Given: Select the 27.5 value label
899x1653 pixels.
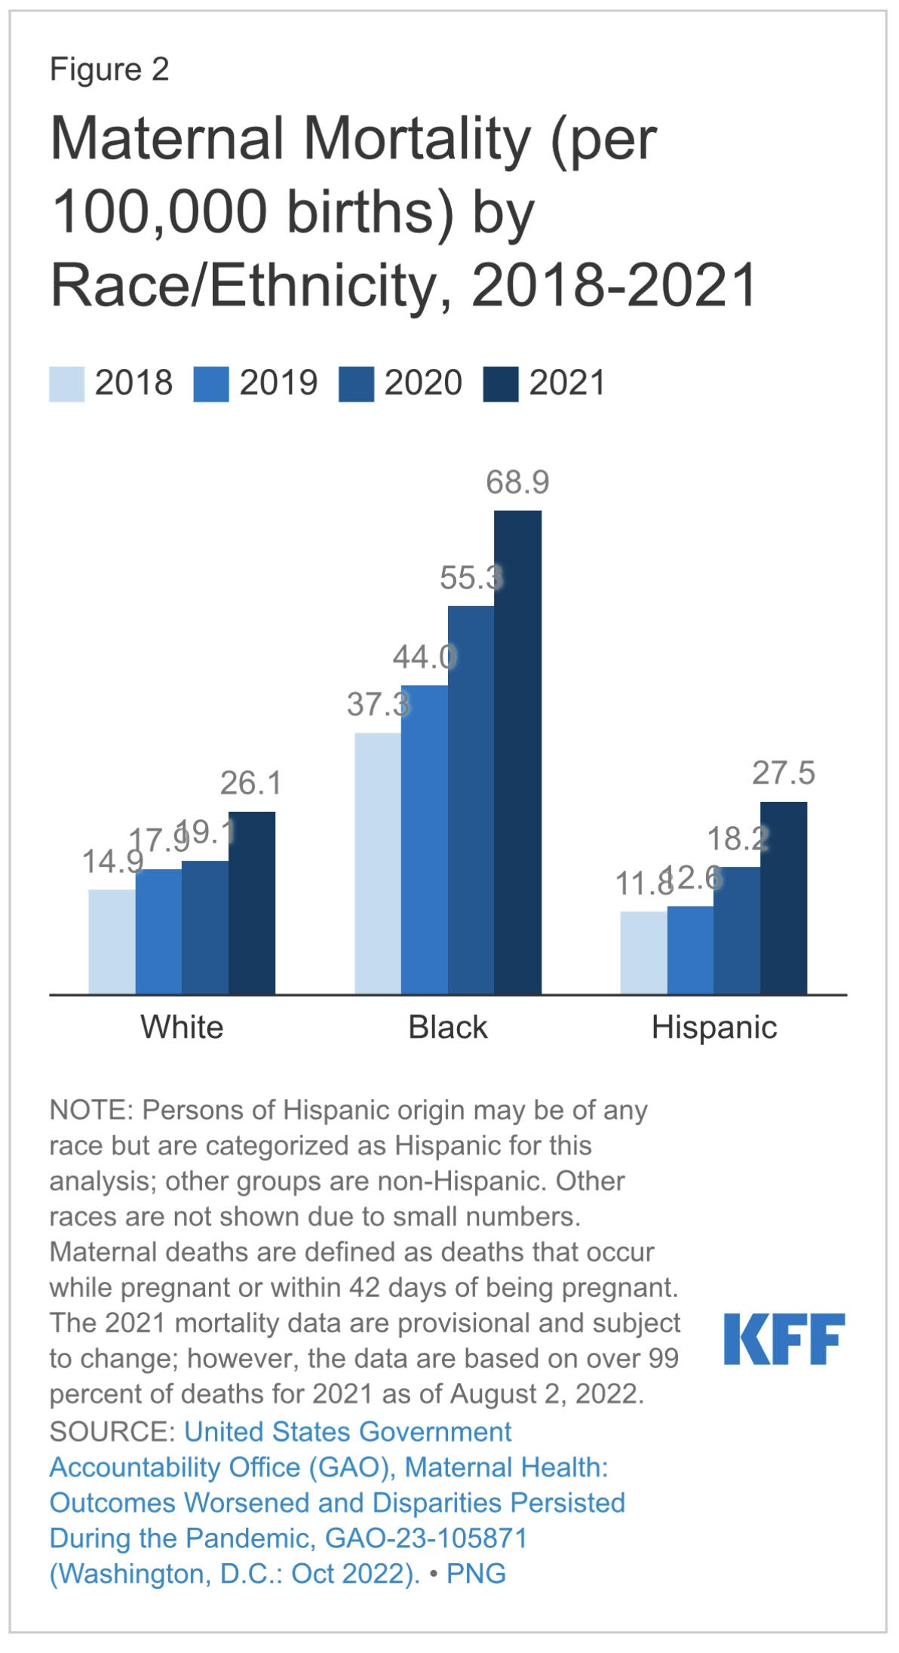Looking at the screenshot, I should (784, 773).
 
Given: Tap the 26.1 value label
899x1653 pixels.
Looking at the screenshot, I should (250, 783).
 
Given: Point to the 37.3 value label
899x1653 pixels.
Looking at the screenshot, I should (377, 705).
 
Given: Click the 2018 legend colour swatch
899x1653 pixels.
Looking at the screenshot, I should (66, 384).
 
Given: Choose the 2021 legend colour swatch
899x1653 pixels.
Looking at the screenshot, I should (501, 384).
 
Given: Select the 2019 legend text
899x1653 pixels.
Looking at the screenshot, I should (278, 383).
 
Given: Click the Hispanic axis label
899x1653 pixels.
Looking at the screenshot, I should (713, 1028).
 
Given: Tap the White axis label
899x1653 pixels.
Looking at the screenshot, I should (182, 1028).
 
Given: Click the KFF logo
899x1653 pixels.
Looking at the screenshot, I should (784, 1338).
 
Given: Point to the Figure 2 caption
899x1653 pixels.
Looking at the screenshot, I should (109, 69).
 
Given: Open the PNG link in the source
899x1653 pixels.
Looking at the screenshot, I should (476, 1573).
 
